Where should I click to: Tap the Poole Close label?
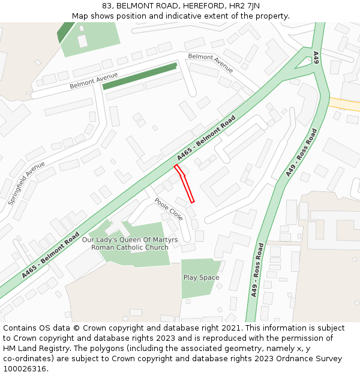coord(169,208)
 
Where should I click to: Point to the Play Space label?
coord(201,278)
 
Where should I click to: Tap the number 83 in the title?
coord(107,6)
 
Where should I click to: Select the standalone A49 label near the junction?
coord(316,58)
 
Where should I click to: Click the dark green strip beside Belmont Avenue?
coord(140,76)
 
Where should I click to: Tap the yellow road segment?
coord(344,104)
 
